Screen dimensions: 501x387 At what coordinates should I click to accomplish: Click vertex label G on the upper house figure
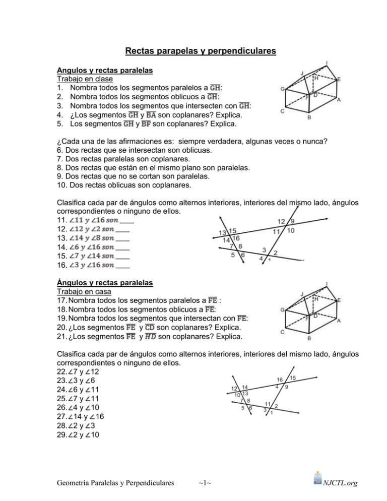click(283, 89)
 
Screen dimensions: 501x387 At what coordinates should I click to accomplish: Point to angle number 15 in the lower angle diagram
click(293, 378)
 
